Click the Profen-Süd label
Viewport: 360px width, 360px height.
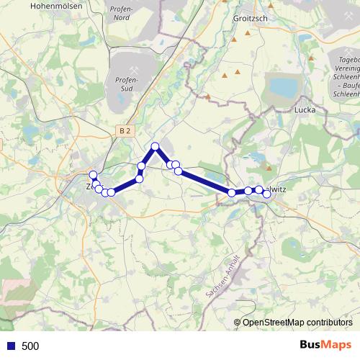point(126,84)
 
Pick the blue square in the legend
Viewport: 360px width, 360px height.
point(10,346)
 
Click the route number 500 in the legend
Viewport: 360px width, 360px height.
point(30,346)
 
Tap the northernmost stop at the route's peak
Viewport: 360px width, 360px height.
point(155,147)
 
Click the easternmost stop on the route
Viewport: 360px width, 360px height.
point(266,194)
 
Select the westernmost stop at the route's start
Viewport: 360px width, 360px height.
point(93,175)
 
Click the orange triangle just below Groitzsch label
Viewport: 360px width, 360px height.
point(248,32)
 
